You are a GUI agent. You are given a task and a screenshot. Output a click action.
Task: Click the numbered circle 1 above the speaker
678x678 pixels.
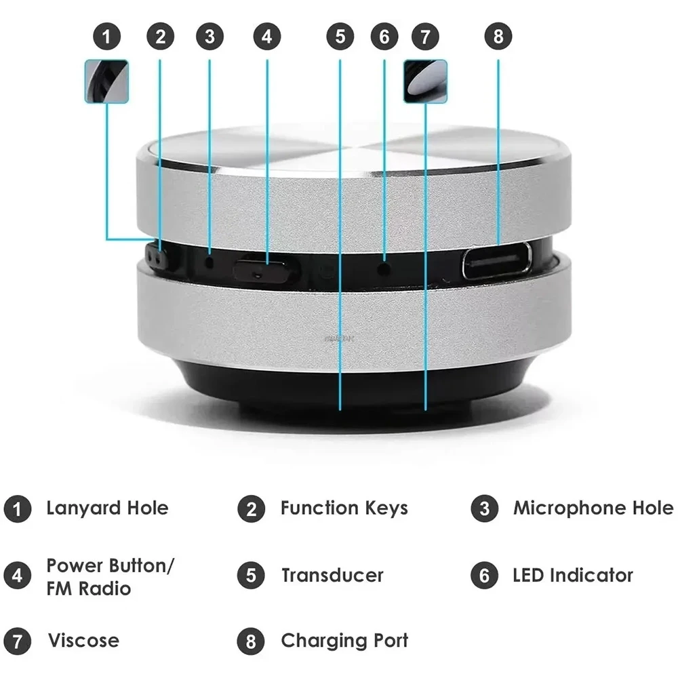[x=106, y=37]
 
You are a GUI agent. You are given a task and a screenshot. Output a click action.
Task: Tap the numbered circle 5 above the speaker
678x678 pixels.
[x=340, y=37]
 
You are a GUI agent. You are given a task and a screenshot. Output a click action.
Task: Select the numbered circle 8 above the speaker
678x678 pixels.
[x=498, y=37]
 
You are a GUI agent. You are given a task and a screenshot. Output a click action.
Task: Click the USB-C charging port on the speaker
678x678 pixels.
[x=497, y=261]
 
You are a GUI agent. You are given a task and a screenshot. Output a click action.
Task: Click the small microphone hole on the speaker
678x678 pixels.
[x=210, y=260]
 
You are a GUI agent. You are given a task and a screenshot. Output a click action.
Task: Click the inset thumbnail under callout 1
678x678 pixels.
[x=106, y=81]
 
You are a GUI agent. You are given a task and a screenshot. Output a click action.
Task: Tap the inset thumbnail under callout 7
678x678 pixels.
[x=425, y=81]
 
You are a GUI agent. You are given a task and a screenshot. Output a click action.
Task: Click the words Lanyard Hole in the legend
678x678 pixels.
[x=107, y=508]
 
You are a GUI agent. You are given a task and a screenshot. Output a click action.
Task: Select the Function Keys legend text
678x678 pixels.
[x=344, y=508]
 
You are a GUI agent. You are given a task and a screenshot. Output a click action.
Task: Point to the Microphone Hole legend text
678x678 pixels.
[x=593, y=508]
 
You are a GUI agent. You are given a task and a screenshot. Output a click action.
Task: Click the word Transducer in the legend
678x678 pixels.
[x=332, y=576]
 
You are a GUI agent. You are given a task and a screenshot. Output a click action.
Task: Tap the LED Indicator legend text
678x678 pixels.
[x=572, y=576]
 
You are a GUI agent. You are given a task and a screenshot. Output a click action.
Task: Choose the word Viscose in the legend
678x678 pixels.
[x=83, y=640]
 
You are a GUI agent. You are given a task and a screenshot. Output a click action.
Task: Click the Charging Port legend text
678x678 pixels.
[x=344, y=640]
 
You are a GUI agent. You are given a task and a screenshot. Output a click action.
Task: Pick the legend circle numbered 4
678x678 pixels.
[x=17, y=576]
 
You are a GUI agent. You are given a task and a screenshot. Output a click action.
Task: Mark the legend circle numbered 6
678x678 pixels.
[x=484, y=576]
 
